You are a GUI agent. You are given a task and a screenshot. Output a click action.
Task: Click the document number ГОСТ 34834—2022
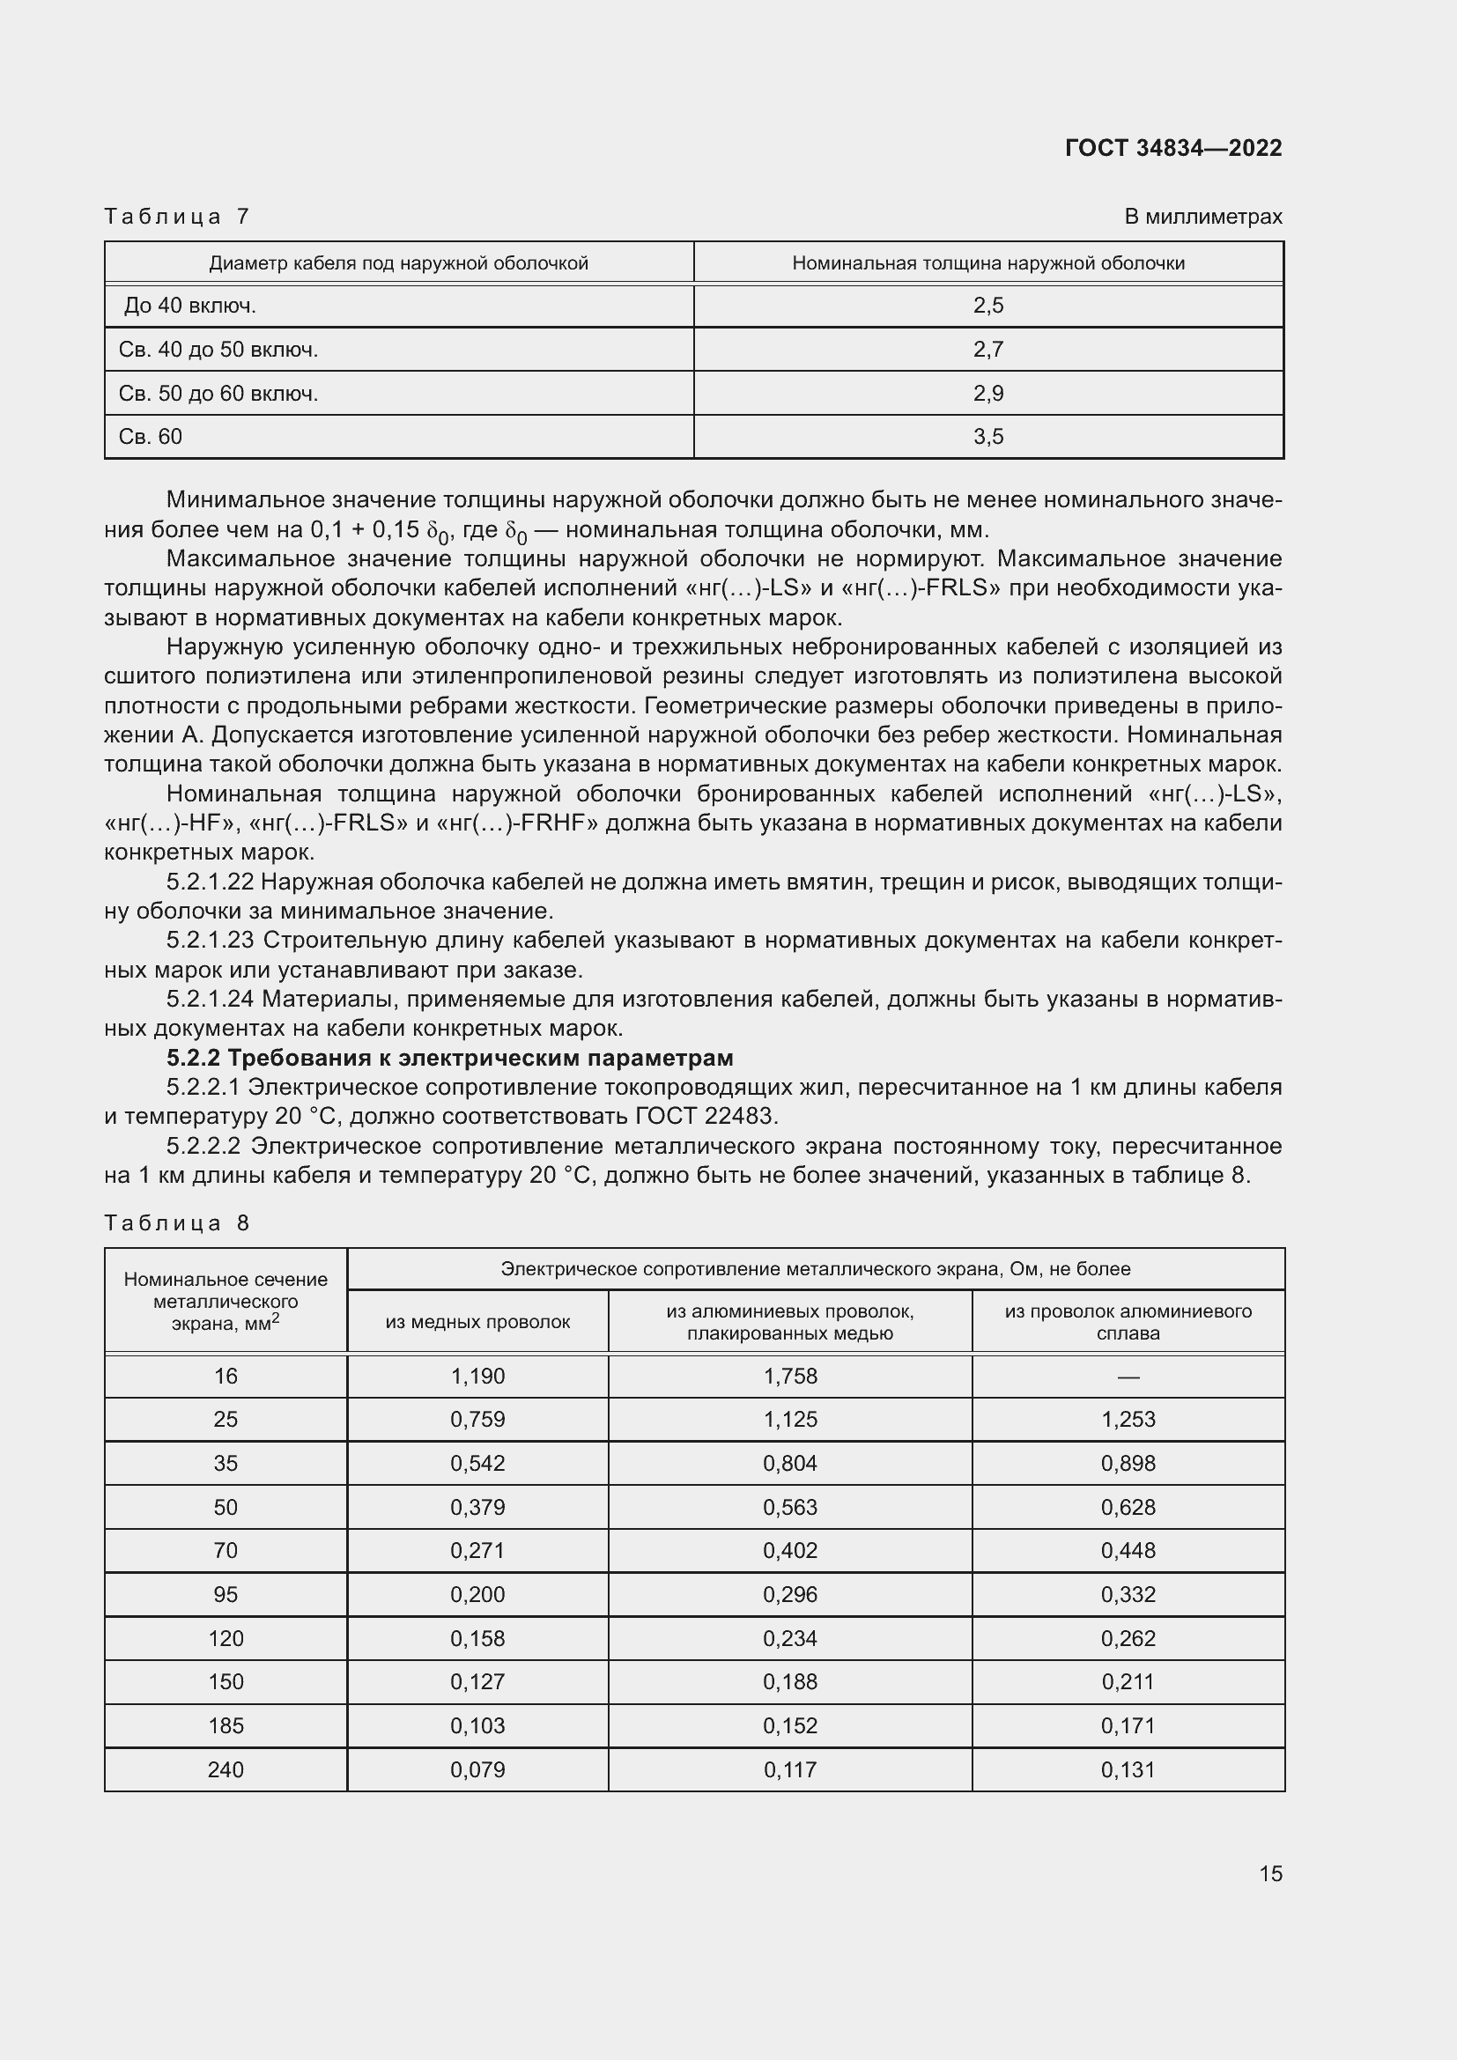(x=1172, y=148)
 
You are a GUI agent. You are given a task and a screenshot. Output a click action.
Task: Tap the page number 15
(x=1270, y=1873)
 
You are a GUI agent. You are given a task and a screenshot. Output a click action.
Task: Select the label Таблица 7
(x=176, y=217)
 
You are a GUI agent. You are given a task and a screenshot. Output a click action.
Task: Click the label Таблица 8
(x=176, y=1223)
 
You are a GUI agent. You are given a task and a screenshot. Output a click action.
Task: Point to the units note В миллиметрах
(x=1202, y=217)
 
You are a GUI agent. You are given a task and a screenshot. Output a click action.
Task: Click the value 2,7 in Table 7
(x=987, y=349)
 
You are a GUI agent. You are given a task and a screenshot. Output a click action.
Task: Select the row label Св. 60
(x=150, y=437)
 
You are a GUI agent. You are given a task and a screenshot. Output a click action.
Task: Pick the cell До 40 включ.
(x=190, y=306)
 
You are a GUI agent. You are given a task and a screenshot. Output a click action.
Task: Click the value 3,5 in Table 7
(x=987, y=437)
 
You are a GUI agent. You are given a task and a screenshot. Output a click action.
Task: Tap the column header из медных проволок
(x=477, y=1322)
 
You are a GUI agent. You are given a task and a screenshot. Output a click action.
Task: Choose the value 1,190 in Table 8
(x=477, y=1377)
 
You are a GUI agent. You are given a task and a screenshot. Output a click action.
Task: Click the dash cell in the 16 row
(x=1128, y=1377)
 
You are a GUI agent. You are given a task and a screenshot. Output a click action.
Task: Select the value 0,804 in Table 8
(x=789, y=1464)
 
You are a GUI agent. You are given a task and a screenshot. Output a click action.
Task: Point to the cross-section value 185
(x=226, y=1725)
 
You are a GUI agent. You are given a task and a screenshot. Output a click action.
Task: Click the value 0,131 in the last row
(x=1128, y=1769)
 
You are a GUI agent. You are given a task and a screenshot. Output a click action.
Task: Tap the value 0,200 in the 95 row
(x=477, y=1594)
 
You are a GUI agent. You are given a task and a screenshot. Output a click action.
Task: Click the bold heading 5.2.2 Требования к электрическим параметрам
(x=449, y=1058)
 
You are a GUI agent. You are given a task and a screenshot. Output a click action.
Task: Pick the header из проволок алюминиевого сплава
(x=1128, y=1322)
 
